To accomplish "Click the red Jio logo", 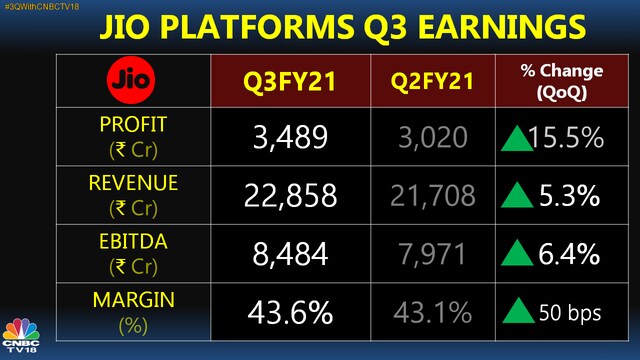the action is coord(131,80).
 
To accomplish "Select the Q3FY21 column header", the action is coord(290,81).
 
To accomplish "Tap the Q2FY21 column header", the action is coord(432,81).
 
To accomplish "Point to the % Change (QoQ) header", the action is coord(562,82).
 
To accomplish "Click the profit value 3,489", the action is coord(290,137).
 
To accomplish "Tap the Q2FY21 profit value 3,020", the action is coord(433,137).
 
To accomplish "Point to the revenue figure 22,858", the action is coord(290,196).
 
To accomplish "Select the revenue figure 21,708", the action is coord(433,196).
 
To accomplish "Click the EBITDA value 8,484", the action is coord(290,254).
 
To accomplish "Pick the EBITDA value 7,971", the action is coord(432,254).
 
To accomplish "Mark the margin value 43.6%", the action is coord(290,313).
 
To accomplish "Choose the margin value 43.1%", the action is coord(433,313).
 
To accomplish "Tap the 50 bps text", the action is coord(570,313).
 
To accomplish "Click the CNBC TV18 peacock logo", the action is coord(21,335).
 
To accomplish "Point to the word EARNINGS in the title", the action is coord(502,27).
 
